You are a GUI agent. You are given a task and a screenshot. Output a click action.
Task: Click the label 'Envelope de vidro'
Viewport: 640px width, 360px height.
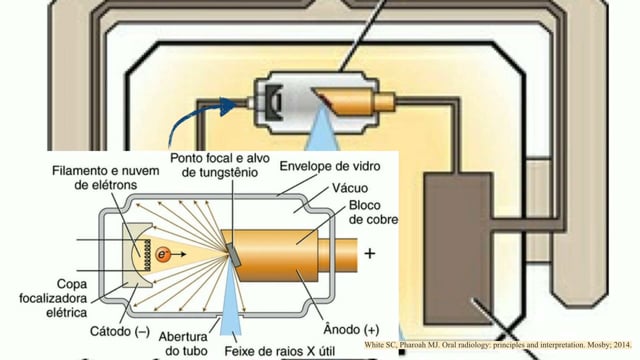330,166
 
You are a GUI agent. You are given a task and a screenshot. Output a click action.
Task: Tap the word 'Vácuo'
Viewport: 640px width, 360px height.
350,188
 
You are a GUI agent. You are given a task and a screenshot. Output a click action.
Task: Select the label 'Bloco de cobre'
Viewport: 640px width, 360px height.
373,212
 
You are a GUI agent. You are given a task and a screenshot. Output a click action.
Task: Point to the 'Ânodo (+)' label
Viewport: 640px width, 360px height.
351,329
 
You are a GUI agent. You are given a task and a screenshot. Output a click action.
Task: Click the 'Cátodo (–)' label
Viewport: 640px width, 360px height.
120,331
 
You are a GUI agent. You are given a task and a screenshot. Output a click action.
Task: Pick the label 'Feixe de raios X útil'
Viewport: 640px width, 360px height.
280,351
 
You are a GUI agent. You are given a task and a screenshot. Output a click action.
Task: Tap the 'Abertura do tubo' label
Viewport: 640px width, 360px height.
183,344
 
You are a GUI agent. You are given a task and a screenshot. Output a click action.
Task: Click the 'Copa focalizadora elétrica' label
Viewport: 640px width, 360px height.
53,298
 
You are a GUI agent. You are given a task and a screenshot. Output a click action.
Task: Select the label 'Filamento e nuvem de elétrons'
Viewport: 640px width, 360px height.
106,178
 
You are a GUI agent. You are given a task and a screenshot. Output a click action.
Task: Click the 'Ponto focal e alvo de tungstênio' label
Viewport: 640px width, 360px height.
220,165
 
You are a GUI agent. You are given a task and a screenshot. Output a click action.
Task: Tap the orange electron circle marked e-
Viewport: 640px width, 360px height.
162,255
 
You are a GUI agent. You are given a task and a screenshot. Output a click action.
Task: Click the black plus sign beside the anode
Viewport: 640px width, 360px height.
370,254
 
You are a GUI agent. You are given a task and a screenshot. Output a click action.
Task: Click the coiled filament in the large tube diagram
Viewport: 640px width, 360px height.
146,255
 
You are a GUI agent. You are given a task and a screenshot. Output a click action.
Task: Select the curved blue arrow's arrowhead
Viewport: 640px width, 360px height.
228,106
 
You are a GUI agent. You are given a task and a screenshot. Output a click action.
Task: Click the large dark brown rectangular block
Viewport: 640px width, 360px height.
458,249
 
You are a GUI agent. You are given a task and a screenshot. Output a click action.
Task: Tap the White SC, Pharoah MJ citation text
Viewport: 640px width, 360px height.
498,345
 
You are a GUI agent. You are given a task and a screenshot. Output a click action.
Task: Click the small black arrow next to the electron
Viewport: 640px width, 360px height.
178,255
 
